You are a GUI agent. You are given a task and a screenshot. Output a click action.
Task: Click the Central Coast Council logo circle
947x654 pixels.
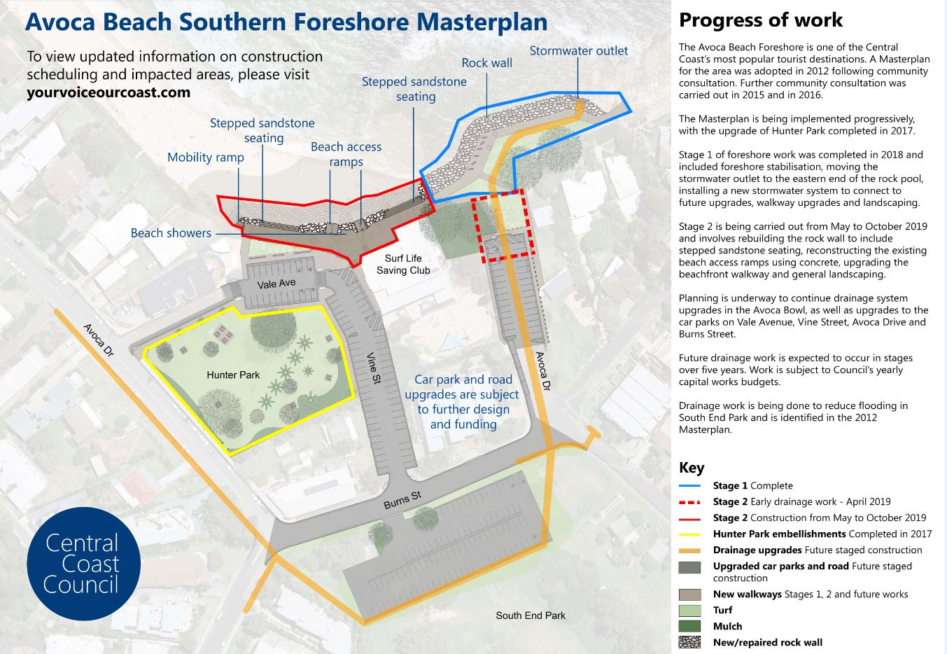pos(83,564)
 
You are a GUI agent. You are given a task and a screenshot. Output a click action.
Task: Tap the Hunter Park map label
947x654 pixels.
pos(233,375)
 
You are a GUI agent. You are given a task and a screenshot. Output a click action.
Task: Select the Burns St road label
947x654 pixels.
pos(402,500)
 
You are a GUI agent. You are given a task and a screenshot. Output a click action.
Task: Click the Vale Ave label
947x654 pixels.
pos(276,284)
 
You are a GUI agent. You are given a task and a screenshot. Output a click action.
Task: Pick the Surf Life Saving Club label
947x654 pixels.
pos(403,264)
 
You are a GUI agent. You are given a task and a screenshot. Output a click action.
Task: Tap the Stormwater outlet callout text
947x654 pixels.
pos(578,50)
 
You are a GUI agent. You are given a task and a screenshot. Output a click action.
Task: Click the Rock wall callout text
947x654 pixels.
pos(486,63)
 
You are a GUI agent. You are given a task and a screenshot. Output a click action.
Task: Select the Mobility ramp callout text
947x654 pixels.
pos(205,157)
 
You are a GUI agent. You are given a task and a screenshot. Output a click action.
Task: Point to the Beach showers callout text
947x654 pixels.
pos(171,233)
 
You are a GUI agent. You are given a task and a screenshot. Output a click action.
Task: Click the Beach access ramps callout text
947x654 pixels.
pos(346,154)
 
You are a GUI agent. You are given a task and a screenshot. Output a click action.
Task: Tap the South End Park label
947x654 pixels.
pos(530,615)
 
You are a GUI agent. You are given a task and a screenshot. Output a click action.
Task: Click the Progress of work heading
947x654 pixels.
pos(761,20)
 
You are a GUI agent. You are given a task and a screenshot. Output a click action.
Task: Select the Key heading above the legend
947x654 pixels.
pos(692,467)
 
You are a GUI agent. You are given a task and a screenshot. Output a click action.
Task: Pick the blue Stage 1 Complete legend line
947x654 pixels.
pos(689,486)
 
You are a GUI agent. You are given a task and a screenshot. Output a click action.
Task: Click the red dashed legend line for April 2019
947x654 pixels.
pos(689,502)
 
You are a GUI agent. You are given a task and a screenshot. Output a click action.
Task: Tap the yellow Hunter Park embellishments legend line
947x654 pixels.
pos(689,534)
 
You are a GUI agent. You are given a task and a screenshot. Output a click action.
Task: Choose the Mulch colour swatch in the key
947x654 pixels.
pos(689,626)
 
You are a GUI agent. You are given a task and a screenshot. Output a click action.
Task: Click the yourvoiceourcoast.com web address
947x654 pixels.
pos(108,92)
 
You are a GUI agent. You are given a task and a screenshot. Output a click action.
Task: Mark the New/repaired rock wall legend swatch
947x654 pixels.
pos(689,642)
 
